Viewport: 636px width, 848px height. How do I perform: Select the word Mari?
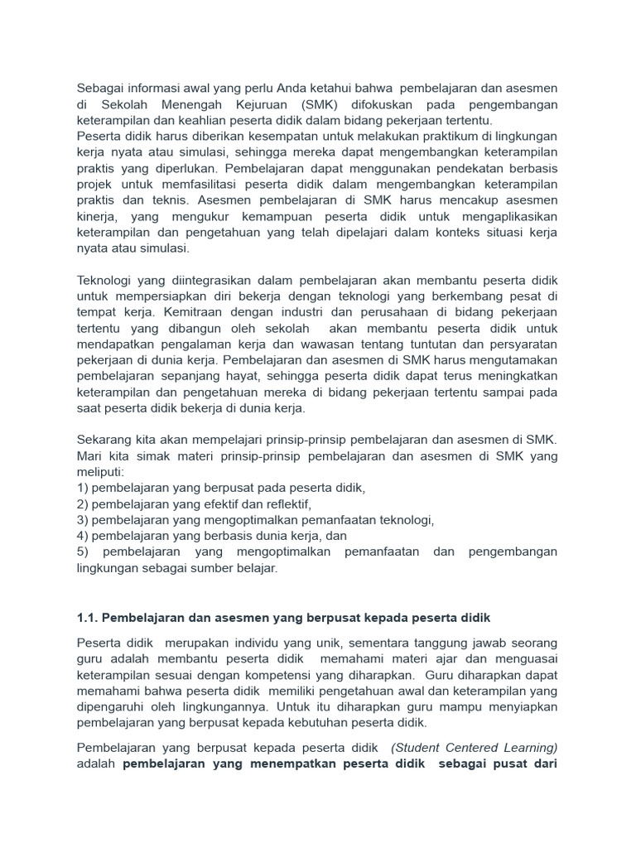(x=89, y=455)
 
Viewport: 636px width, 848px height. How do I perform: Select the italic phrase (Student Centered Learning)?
(x=475, y=747)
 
